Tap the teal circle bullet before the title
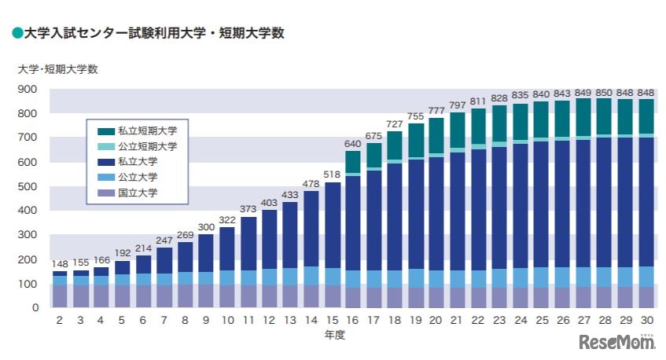(x=17, y=33)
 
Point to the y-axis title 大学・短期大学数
(x=57, y=68)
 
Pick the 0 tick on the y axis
(x=35, y=307)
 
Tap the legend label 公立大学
(x=138, y=177)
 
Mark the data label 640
(x=353, y=144)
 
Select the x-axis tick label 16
(x=353, y=321)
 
